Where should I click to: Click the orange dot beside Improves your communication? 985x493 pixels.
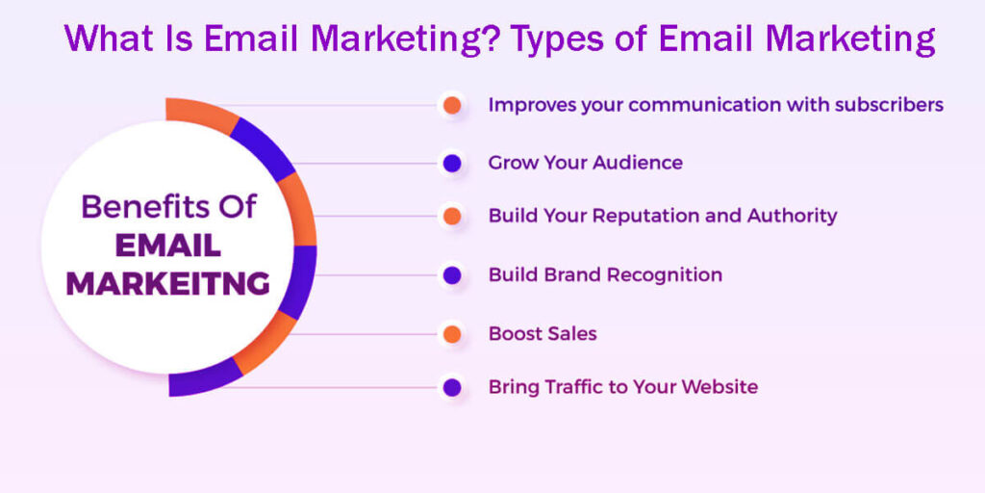(x=452, y=105)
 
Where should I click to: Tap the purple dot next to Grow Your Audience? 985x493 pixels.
(x=452, y=163)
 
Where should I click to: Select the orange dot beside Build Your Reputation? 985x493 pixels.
(x=452, y=217)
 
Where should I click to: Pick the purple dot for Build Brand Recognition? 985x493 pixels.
(x=452, y=275)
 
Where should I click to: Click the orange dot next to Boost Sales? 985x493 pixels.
(x=452, y=334)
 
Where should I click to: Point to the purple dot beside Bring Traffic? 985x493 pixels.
(x=452, y=388)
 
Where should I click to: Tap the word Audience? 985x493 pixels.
(x=637, y=163)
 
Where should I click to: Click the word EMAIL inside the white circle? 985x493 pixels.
(x=167, y=246)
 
